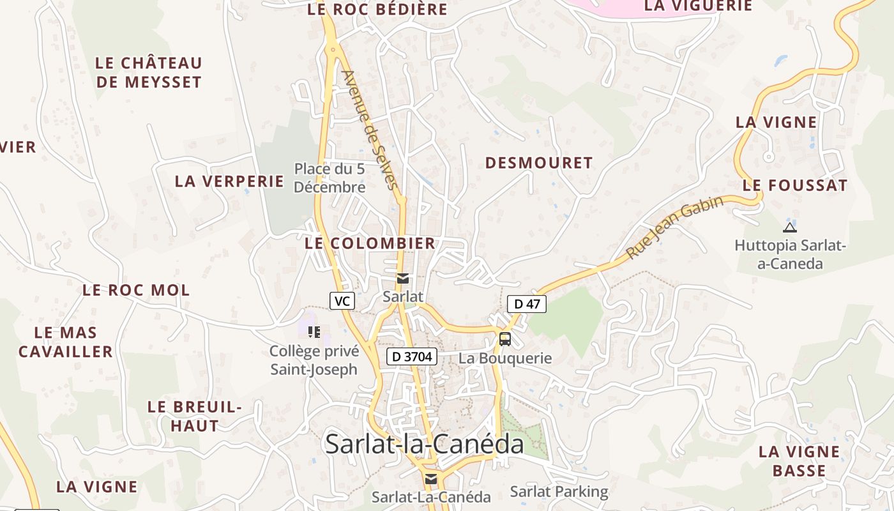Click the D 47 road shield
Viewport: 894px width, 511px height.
click(527, 304)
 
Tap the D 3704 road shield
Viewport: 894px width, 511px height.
click(411, 356)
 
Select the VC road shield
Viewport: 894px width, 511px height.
click(342, 301)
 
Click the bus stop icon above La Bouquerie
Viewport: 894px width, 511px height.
click(505, 339)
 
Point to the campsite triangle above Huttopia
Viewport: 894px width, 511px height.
click(790, 227)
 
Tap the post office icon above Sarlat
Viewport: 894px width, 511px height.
click(403, 278)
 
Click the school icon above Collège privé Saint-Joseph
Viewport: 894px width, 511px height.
click(314, 332)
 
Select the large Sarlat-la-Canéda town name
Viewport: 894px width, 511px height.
click(424, 444)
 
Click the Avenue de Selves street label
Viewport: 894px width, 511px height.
click(370, 130)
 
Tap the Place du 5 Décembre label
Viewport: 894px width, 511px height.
click(330, 178)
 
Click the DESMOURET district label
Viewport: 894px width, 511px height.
click(539, 163)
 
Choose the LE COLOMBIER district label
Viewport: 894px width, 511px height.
click(370, 243)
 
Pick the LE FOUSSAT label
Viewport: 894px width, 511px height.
click(795, 186)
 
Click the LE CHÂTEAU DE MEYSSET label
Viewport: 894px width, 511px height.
click(149, 73)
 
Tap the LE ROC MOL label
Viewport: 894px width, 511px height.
click(136, 290)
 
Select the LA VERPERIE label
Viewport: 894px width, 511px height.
click(229, 181)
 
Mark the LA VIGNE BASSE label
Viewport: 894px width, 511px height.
click(799, 461)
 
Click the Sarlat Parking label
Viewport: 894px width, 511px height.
click(559, 491)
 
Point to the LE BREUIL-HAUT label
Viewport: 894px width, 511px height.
click(194, 416)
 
